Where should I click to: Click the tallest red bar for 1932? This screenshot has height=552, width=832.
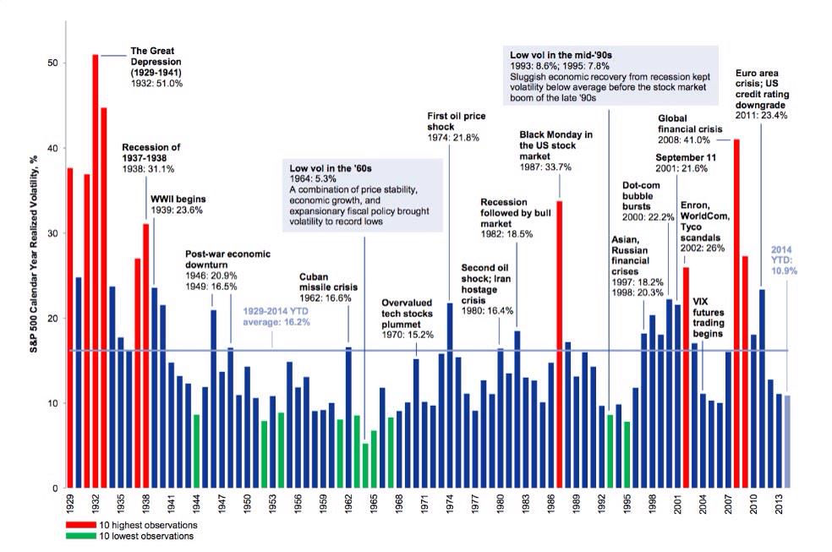pos(96,271)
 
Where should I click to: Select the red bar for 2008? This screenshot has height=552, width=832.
pos(736,313)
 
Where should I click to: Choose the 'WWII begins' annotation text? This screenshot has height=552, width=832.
pos(178,199)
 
